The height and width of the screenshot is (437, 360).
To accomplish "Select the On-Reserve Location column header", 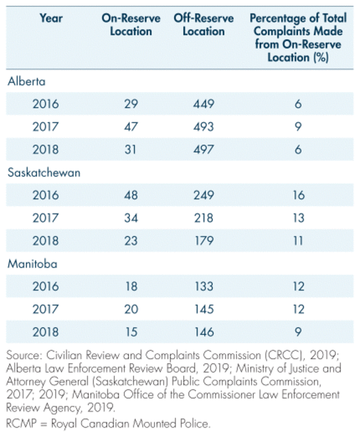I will point(131,25).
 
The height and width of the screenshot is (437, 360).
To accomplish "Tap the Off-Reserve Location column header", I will point(203,25).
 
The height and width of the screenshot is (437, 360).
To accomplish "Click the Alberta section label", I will point(27,81).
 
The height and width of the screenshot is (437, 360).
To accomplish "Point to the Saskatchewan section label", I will point(44,172).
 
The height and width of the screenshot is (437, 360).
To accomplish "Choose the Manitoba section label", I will point(32,264).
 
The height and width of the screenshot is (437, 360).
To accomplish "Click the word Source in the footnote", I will point(23,356).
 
